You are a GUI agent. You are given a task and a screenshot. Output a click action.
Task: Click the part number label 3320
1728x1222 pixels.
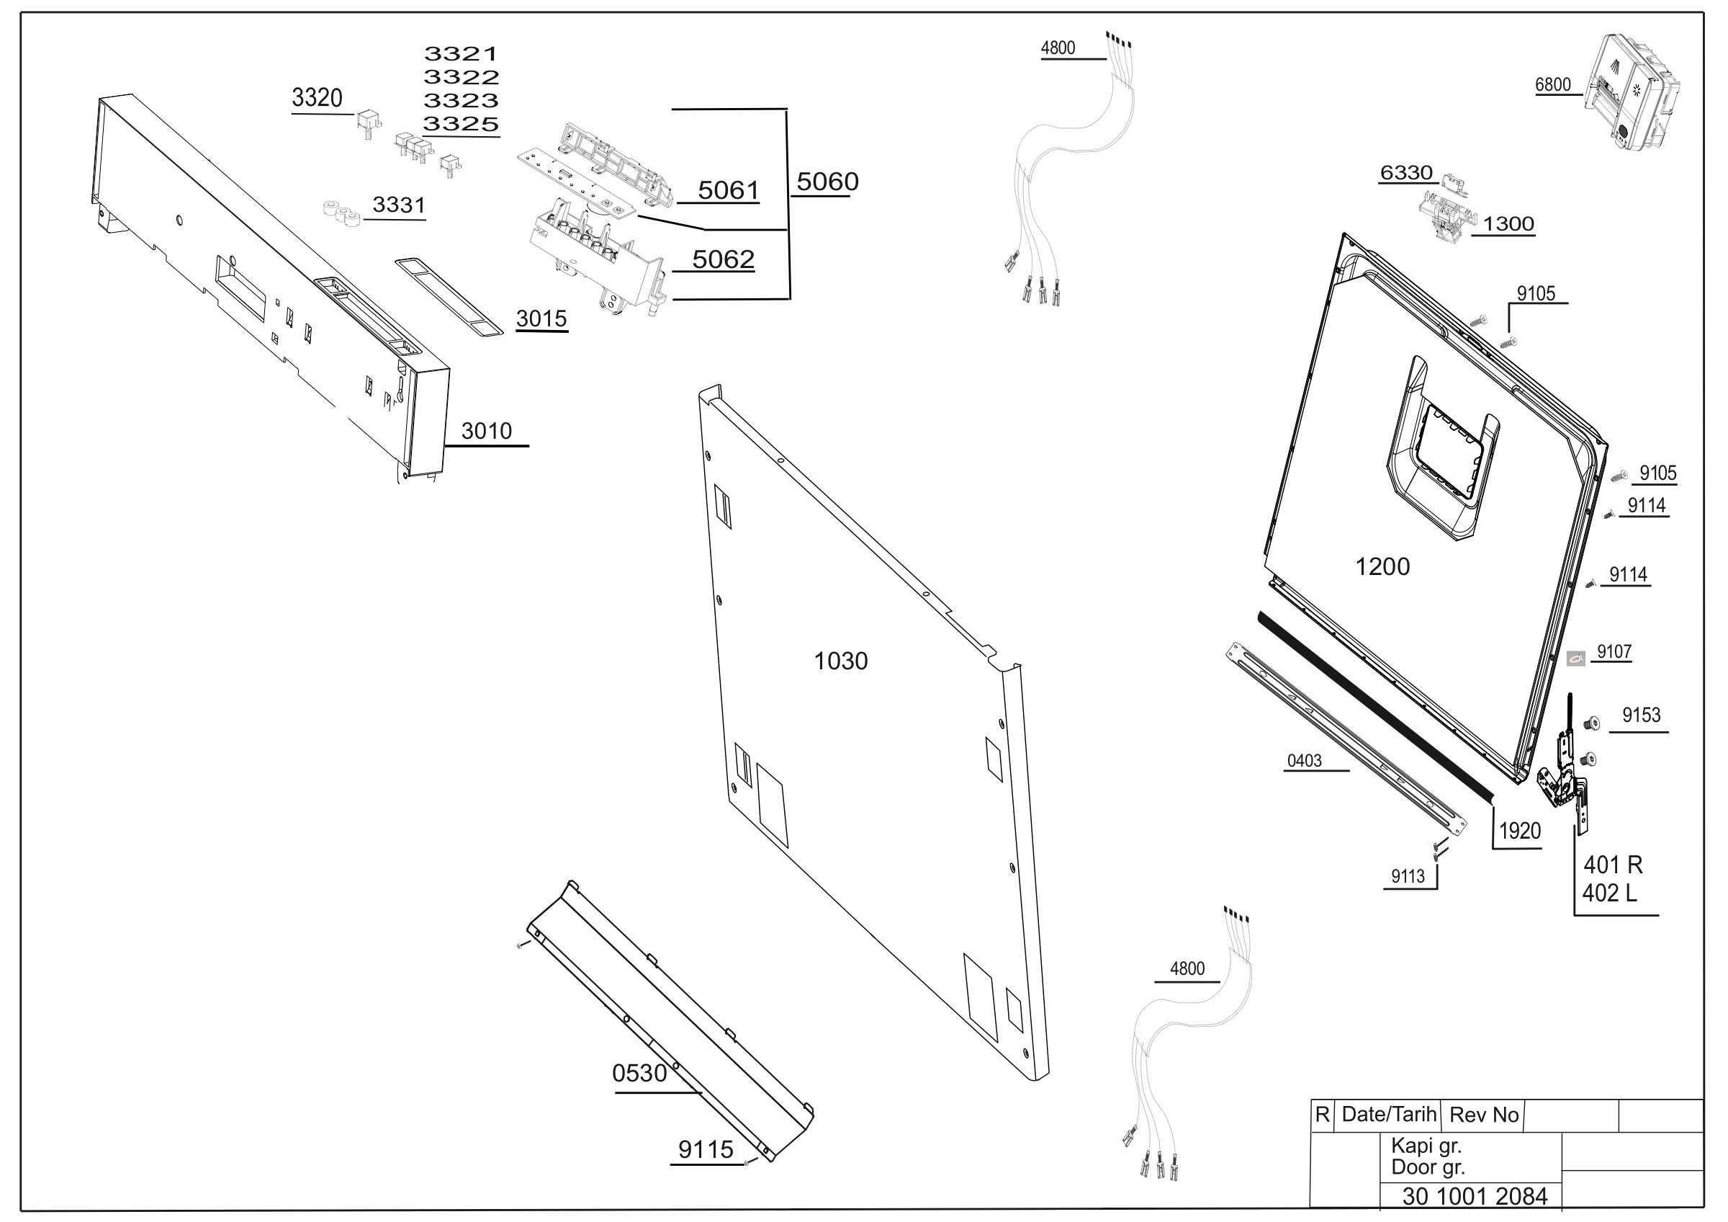(317, 98)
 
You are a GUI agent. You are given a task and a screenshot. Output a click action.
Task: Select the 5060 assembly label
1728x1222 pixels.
(827, 182)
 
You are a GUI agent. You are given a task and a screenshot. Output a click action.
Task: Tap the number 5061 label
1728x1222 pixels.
(728, 190)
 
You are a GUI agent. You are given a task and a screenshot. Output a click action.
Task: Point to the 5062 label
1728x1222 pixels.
(722, 259)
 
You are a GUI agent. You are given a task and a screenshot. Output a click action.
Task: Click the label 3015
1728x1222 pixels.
(541, 318)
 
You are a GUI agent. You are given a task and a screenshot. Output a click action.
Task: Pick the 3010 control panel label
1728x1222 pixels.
(486, 431)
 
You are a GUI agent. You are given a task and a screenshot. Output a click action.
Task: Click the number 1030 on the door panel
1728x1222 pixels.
(841, 661)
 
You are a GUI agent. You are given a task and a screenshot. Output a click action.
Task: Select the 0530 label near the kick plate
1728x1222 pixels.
(640, 1073)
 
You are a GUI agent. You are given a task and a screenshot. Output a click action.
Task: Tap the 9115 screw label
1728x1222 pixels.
(705, 1150)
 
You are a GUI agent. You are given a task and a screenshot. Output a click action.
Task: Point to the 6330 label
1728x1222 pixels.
(1406, 173)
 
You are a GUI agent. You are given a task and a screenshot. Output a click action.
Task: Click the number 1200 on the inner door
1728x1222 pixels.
(1382, 566)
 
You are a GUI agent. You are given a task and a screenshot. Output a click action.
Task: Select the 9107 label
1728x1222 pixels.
(1614, 651)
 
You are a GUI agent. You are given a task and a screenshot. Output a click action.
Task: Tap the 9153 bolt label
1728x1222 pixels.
(1642, 715)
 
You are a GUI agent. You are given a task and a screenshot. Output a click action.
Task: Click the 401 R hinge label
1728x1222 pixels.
(1613, 865)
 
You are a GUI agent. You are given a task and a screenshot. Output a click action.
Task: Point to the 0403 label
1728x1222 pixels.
(1304, 760)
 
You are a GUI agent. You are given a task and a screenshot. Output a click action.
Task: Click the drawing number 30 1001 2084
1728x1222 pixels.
(1475, 1196)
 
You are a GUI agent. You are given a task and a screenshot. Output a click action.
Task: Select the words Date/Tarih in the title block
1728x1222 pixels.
(1390, 1114)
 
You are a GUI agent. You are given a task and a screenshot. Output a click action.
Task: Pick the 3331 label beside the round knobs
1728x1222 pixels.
(399, 205)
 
